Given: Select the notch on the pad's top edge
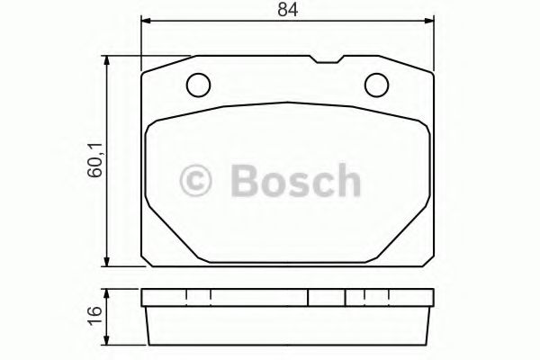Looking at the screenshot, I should (324, 61).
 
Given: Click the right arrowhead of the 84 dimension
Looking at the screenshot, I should (429, 25).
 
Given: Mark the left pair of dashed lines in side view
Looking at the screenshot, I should (198, 298).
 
